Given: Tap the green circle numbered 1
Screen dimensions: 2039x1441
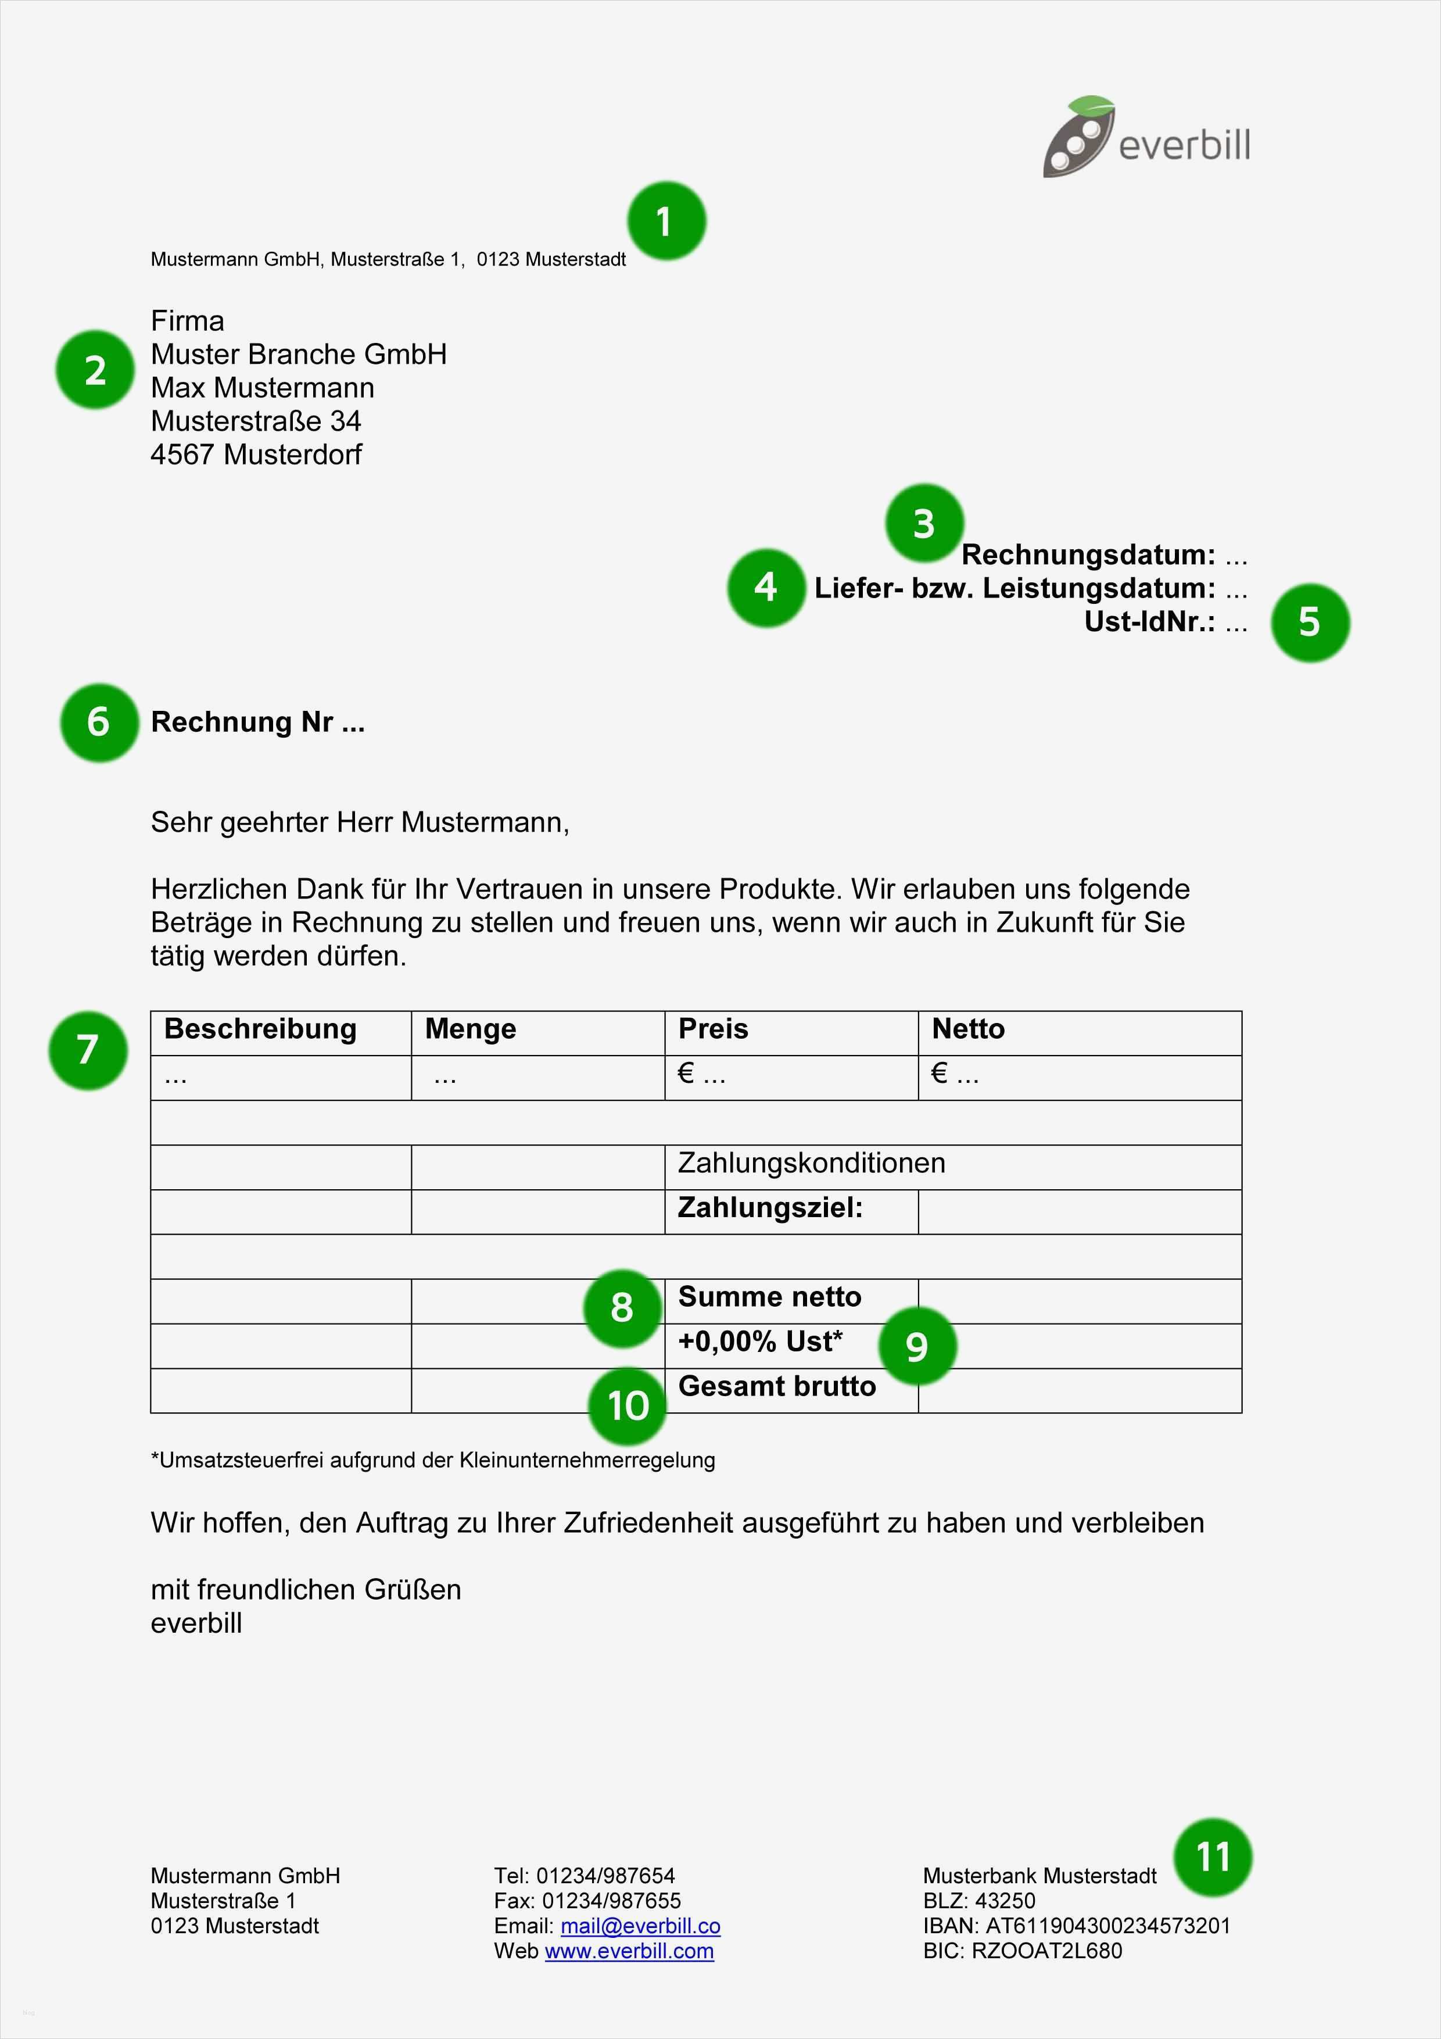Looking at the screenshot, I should pos(666,221).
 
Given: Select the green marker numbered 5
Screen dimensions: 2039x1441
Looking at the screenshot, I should pos(1310,623).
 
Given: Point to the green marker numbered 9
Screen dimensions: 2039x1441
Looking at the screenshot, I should pos(917,1346).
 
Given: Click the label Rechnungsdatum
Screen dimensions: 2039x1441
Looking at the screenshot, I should pos(1088,555).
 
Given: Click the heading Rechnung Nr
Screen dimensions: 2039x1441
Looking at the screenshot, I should pos(257,722).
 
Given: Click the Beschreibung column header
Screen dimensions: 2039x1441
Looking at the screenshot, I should pos(260,1029).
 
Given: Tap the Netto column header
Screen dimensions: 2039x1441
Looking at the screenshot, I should pos(968,1029).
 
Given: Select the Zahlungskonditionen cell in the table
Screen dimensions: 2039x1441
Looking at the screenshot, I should pos(811,1164).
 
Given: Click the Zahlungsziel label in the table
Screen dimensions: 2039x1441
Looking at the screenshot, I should pos(770,1208).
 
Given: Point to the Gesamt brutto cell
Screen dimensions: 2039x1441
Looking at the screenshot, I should pos(776,1386).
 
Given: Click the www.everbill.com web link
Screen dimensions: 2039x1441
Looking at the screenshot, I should pos(629,1951).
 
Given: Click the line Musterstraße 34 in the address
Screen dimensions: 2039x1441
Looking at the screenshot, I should pos(256,421).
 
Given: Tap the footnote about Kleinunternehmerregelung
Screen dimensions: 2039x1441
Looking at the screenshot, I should pos(433,1460).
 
